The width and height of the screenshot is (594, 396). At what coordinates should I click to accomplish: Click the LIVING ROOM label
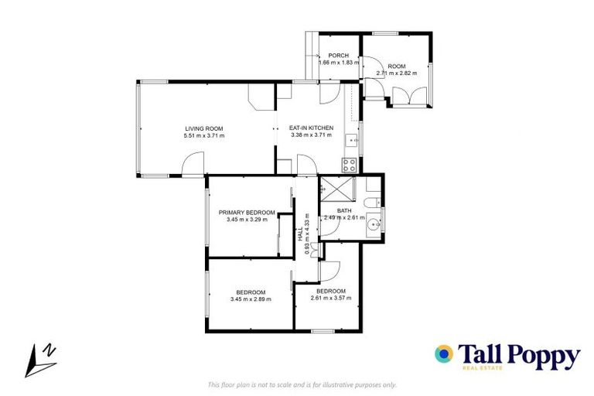(x=204, y=128)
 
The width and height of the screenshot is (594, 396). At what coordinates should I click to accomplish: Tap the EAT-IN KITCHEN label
(x=311, y=128)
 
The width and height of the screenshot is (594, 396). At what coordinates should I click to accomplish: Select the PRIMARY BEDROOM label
(x=247, y=212)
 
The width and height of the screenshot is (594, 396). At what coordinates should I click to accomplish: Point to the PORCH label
(x=338, y=56)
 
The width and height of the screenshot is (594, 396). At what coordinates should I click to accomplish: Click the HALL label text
(x=300, y=234)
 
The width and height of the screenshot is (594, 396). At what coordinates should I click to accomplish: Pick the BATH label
(x=344, y=210)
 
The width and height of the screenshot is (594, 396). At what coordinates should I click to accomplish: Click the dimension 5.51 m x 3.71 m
(x=204, y=136)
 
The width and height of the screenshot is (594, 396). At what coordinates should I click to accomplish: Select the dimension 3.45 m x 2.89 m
(x=251, y=299)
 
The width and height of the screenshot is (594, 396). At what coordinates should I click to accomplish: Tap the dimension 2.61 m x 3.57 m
(x=330, y=298)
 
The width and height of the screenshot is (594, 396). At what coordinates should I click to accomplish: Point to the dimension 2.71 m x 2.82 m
(x=396, y=73)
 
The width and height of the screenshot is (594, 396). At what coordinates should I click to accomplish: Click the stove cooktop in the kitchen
(x=349, y=164)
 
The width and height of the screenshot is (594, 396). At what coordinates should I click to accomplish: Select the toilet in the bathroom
(x=372, y=203)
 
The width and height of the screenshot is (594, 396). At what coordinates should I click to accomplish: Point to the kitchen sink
(x=350, y=141)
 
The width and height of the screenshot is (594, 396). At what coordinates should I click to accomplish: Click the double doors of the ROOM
(x=409, y=97)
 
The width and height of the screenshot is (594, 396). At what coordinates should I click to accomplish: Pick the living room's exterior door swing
(x=193, y=165)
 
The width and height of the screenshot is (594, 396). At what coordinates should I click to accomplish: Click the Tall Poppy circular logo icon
(x=444, y=354)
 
